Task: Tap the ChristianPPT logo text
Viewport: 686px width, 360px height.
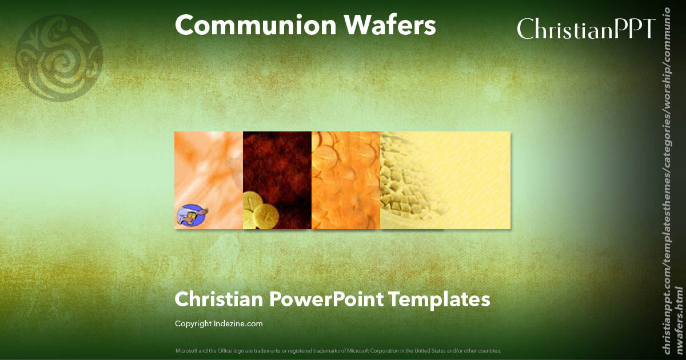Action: pos(585,29)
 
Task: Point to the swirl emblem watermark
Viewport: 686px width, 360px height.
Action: pos(59,57)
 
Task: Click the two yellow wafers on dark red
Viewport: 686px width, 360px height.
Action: pos(260,211)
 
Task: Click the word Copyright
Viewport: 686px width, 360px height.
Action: pos(193,324)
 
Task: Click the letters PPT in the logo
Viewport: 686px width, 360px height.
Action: pos(634,29)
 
